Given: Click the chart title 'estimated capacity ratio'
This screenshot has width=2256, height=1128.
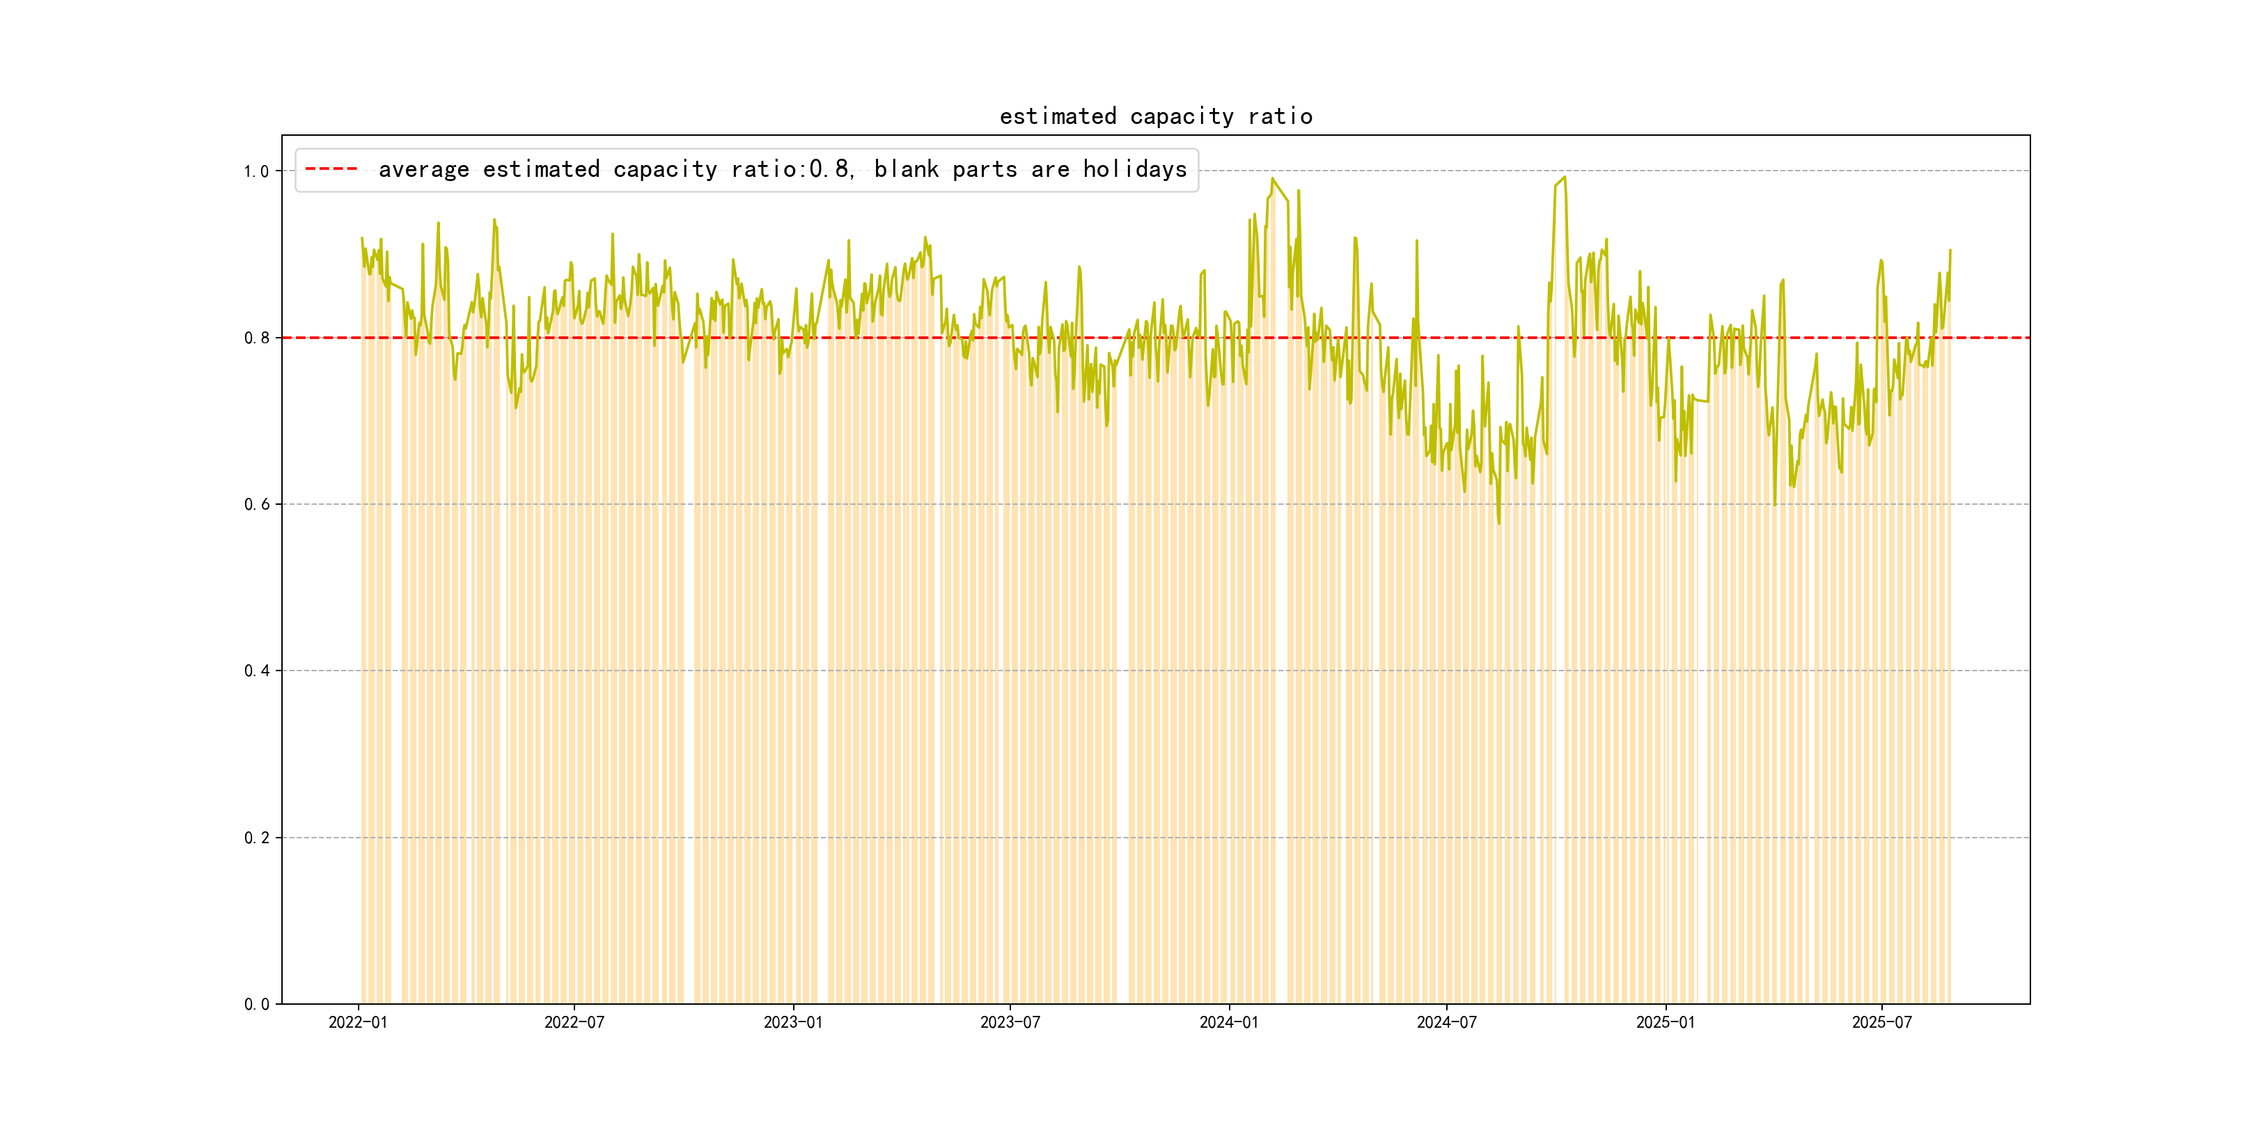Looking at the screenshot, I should [1155, 116].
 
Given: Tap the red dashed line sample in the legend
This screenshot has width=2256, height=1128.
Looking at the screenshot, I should [331, 169].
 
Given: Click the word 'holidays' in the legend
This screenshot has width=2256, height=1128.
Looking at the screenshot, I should [1134, 169].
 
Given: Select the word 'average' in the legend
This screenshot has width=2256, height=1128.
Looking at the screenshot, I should [424, 169].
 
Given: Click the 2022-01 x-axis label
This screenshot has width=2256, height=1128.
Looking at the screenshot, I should [357, 1022].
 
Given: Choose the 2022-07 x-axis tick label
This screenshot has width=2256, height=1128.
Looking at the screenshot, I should [574, 1022].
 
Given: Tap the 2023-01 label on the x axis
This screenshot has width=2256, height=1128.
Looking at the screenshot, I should [792, 1022].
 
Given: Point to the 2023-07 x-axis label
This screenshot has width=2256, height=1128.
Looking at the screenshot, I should [1010, 1022].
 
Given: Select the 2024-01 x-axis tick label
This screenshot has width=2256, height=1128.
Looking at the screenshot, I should [1229, 1022].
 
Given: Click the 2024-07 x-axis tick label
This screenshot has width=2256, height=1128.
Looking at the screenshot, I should [1446, 1022].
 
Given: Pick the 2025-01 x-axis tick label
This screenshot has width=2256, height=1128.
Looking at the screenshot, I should [1665, 1022].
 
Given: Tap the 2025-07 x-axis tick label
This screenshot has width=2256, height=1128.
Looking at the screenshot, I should [1882, 1022].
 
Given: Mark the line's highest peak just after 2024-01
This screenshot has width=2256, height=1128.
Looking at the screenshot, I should [1273, 179].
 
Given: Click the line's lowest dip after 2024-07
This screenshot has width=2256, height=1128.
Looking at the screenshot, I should [1498, 523].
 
